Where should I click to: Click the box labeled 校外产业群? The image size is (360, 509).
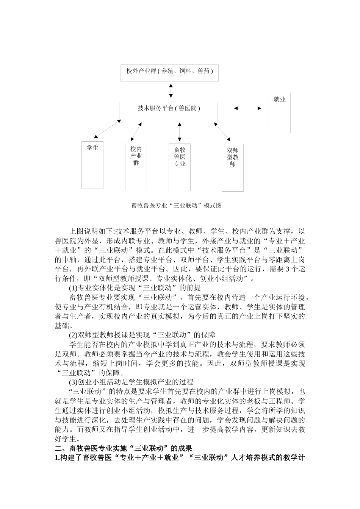pyautogui.click(x=169, y=72)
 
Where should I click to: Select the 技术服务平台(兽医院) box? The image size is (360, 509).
pyautogui.click(x=169, y=111)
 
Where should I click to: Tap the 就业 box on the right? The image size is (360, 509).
pyautogui.click(x=280, y=113)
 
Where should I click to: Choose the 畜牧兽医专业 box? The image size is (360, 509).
pyautogui.click(x=180, y=167)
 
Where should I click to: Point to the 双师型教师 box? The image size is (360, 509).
pyautogui.click(x=233, y=167)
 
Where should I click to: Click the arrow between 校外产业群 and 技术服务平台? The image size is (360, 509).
pyautogui.click(x=171, y=91)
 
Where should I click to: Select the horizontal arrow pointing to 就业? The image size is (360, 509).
pyautogui.click(x=247, y=108)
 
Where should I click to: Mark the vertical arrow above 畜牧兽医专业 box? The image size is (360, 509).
pyautogui.click(x=180, y=132)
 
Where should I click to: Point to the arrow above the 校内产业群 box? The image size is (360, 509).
pyautogui.click(x=136, y=131)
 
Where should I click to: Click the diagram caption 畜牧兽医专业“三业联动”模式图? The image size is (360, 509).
pyautogui.click(x=177, y=206)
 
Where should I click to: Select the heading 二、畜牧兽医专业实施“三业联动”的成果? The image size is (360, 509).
pyautogui.click(x=124, y=448)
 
